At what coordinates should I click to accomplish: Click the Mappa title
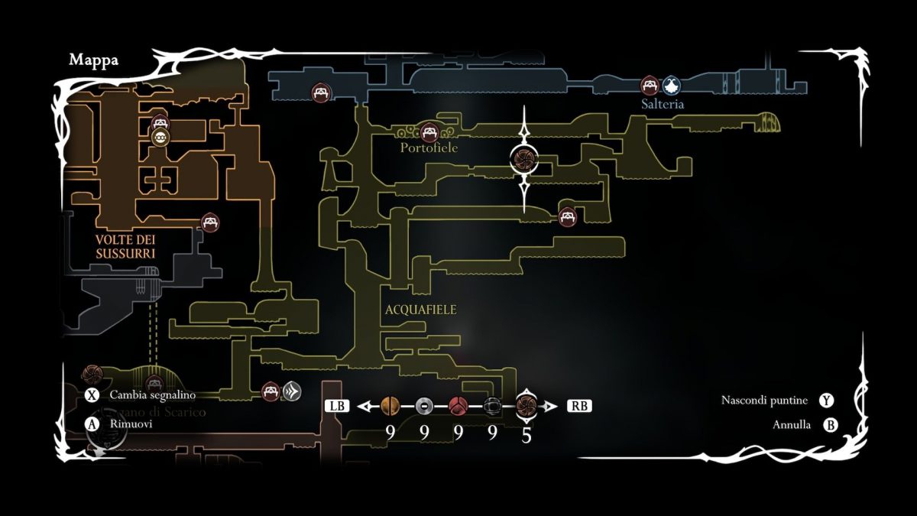pos(93,60)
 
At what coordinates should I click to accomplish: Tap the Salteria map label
pos(663,104)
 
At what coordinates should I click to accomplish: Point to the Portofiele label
pos(429,148)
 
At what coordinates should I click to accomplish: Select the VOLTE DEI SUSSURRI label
pos(125,246)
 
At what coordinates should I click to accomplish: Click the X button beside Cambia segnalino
pos(92,395)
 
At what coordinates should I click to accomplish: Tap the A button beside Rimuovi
pos(92,423)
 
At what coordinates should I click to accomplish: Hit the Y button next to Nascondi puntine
pos(826,400)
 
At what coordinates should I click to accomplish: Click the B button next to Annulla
pos(830,425)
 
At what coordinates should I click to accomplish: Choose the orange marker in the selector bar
pos(390,406)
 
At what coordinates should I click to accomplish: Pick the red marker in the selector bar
pos(458,406)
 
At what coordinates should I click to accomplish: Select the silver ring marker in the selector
pos(423,406)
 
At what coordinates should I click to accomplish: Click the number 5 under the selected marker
pos(527,434)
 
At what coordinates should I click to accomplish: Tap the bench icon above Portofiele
pos(429,131)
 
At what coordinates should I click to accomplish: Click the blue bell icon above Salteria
pos(671,84)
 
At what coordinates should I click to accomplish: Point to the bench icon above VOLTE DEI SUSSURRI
pos(210,222)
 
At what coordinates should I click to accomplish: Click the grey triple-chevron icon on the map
pos(291,391)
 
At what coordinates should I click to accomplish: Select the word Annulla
pos(792,425)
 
